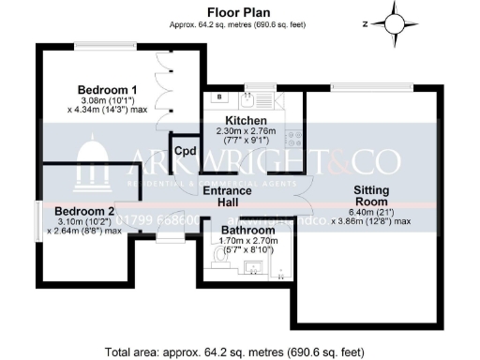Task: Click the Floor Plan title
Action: tap(239, 12)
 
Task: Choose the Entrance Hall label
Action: tap(229, 197)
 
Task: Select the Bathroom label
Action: tap(247, 230)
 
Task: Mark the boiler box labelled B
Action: tap(217, 97)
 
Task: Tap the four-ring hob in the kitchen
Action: tap(293, 138)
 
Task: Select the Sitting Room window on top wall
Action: tap(373, 86)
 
